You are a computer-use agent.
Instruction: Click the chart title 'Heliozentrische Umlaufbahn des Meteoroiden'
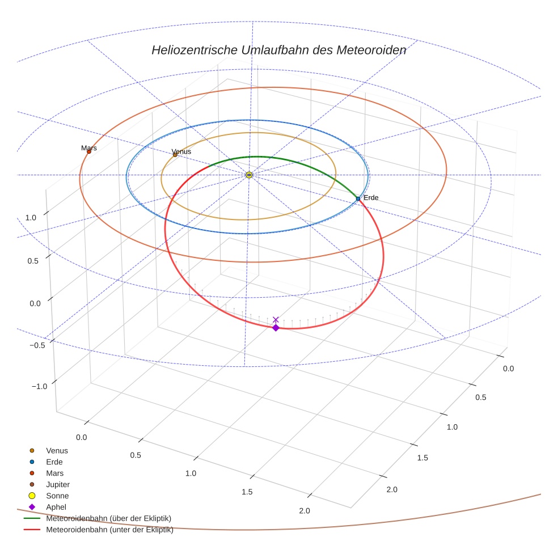278,50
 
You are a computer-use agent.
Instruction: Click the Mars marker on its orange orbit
89,151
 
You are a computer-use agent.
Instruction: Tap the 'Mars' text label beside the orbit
89,148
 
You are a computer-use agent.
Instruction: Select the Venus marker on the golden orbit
175,155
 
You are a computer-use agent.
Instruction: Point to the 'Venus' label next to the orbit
181,151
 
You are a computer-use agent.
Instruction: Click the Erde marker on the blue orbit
358,198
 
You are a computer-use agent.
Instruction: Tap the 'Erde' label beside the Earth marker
371,197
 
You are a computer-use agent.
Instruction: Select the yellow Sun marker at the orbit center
249,175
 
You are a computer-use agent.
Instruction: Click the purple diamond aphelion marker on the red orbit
276,328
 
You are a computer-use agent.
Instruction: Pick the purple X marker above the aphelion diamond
276,320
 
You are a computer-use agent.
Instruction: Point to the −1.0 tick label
39,386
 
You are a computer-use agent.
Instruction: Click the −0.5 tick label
37,345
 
